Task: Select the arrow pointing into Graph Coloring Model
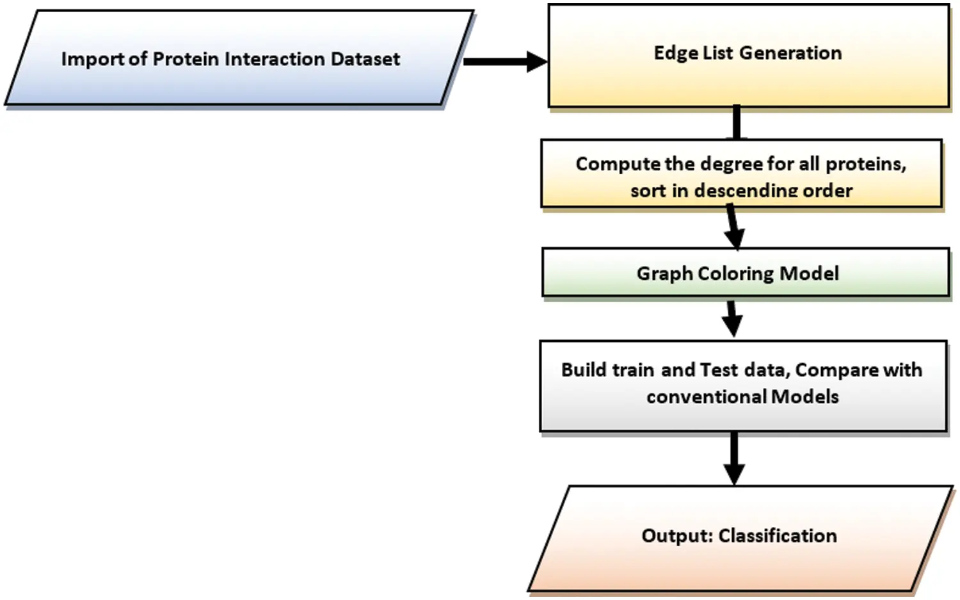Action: [x=733, y=227]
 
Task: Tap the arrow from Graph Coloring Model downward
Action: [x=732, y=318]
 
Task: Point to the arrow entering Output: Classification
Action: [x=734, y=458]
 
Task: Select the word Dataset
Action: [x=365, y=60]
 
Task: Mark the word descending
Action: [x=746, y=191]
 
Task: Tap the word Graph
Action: [x=664, y=274]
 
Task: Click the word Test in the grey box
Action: [x=719, y=370]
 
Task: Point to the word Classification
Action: [x=778, y=536]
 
